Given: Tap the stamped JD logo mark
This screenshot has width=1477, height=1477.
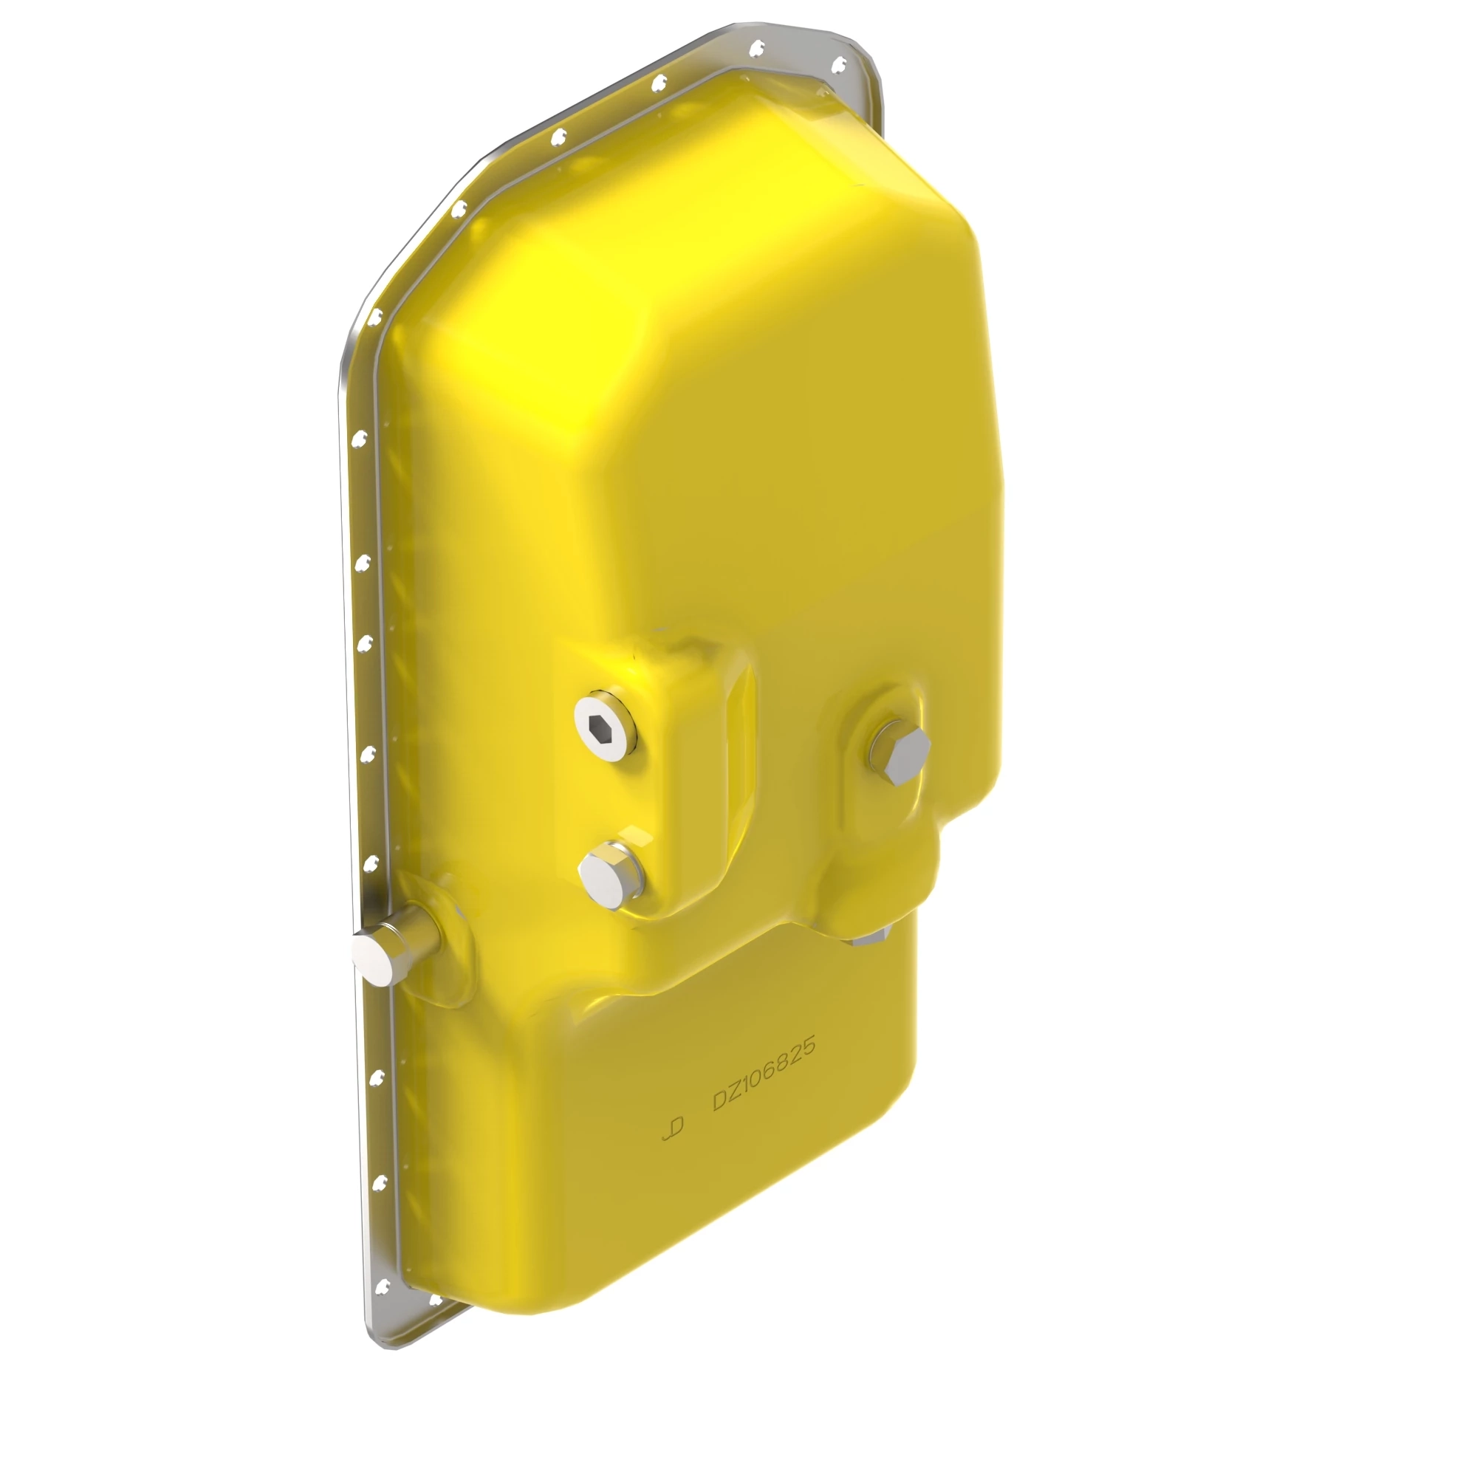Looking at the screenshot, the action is (x=673, y=1129).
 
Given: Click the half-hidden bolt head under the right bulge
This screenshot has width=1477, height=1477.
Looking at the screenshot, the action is (x=871, y=938).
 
